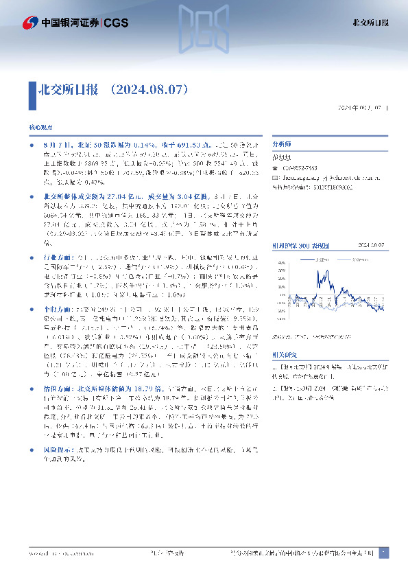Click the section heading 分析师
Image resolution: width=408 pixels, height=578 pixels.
(282, 146)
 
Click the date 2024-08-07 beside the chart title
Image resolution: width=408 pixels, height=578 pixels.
(374, 224)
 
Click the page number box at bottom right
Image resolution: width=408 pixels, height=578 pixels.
(383, 552)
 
